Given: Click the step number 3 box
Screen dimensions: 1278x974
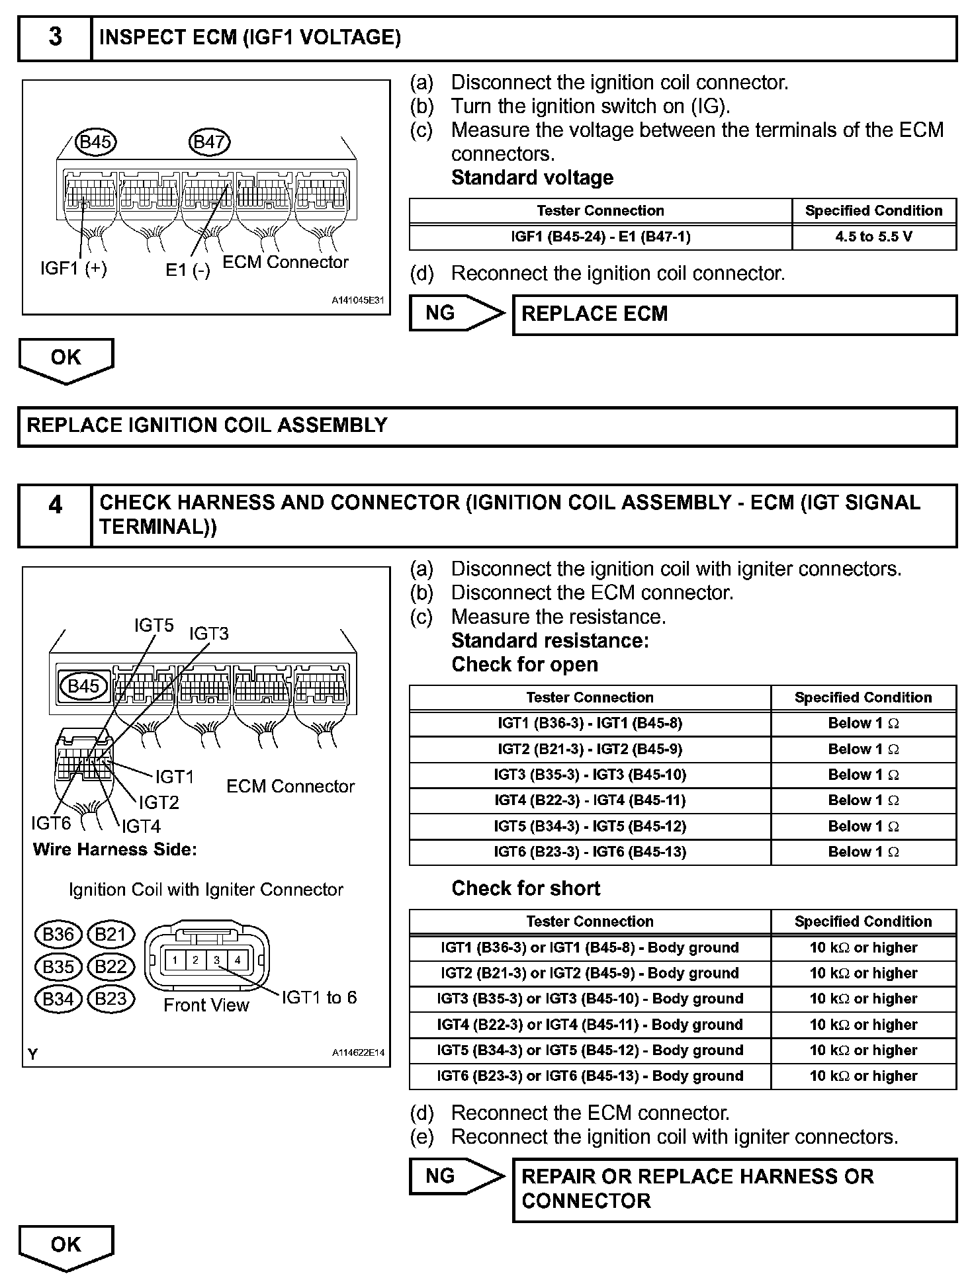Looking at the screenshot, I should [x=55, y=38].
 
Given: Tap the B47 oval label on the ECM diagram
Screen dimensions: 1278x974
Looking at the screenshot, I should [x=210, y=141].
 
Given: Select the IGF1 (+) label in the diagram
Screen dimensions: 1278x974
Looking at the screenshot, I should [x=73, y=268].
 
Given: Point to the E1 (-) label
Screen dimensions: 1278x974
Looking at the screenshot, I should [x=188, y=270].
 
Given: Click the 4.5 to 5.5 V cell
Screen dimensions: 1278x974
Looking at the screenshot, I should [x=873, y=237].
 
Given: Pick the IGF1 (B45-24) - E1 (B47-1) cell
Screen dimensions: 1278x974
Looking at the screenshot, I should [x=600, y=237].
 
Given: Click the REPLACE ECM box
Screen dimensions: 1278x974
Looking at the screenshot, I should [x=734, y=314].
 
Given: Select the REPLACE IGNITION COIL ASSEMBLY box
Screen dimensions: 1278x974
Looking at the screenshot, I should [x=487, y=425].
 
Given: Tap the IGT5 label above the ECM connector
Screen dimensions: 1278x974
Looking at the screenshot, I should [x=154, y=625].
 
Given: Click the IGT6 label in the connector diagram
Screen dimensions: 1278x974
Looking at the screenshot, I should [x=51, y=823].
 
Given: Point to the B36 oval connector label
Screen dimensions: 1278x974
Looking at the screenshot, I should [x=58, y=934].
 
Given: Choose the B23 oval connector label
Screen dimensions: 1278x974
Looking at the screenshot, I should [x=111, y=998].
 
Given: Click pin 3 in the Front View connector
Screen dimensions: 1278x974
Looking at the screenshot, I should [x=216, y=960].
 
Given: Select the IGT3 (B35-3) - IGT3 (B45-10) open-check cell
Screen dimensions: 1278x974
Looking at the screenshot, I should [x=590, y=775].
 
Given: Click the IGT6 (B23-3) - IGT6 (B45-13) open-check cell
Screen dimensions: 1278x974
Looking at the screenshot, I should [x=590, y=852].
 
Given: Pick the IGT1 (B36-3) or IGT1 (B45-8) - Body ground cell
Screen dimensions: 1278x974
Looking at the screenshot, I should [x=590, y=947].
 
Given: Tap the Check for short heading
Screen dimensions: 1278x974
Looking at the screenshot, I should [x=526, y=888].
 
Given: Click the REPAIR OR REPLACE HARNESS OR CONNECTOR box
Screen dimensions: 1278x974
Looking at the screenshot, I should [x=734, y=1189].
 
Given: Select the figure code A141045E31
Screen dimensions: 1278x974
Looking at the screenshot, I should [x=358, y=300].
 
